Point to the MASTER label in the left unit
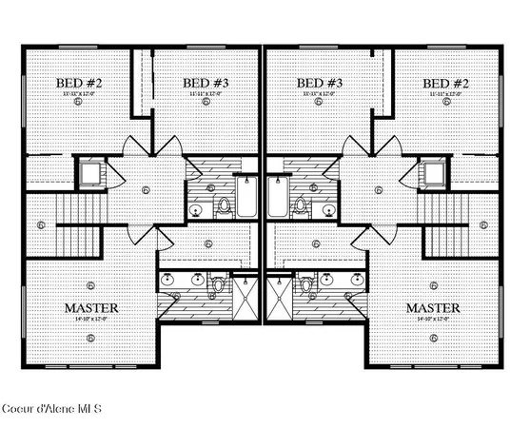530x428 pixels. [x=90, y=309]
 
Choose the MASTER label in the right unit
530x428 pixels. [x=433, y=309]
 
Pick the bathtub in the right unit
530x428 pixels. [x=277, y=200]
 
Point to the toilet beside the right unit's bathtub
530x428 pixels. [x=301, y=204]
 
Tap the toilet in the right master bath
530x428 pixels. [x=307, y=283]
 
